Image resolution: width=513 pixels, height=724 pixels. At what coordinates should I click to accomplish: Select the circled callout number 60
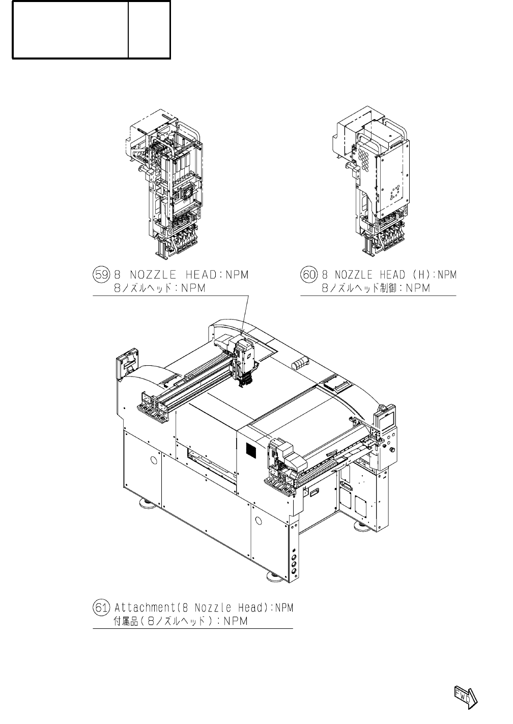coord(309,275)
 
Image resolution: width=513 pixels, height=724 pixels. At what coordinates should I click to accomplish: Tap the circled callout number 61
coord(102,607)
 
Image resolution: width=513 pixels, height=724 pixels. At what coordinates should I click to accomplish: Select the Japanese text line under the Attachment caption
coord(181,621)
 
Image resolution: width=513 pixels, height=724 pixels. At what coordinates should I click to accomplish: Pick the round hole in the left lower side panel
coord(153,460)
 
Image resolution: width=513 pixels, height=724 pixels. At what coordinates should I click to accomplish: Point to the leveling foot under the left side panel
coord(147,504)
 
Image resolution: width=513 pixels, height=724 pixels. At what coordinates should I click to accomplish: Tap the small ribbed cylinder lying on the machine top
coord(301,363)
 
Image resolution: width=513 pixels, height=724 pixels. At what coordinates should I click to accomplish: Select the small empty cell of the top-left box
coord(149,30)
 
